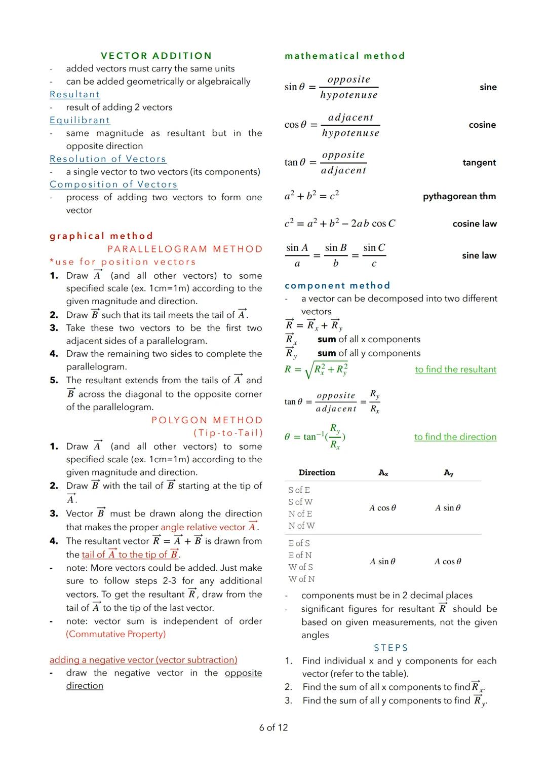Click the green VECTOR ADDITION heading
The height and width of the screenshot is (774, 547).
156,56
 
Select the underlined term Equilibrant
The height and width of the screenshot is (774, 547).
80,120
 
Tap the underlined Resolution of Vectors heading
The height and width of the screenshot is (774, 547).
108,159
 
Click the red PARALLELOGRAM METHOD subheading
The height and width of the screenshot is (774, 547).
185,249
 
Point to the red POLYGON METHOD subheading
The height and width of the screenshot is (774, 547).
207,420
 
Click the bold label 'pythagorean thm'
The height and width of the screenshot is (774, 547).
459,196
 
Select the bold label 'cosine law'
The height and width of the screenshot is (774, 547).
474,224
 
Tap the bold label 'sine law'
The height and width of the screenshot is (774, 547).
479,255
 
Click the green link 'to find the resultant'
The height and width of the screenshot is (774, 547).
455,369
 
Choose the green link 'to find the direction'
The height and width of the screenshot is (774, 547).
455,436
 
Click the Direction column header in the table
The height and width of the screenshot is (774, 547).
317,472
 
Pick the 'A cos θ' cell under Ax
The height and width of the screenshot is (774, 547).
382,507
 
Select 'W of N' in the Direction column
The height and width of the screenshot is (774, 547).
301,579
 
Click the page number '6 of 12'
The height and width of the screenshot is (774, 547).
273,727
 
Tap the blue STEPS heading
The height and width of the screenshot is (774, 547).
390,648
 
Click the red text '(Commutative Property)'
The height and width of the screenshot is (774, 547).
115,634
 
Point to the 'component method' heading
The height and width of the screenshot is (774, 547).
337,285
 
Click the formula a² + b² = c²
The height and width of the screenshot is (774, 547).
311,196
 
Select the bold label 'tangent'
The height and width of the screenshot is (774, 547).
479,162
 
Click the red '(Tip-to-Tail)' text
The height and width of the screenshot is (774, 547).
228,433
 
